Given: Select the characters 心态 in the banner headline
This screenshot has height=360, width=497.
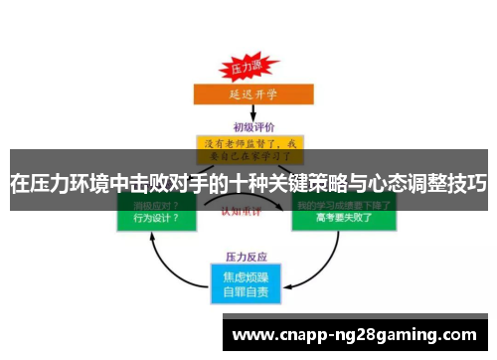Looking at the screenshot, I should click(377, 184).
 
